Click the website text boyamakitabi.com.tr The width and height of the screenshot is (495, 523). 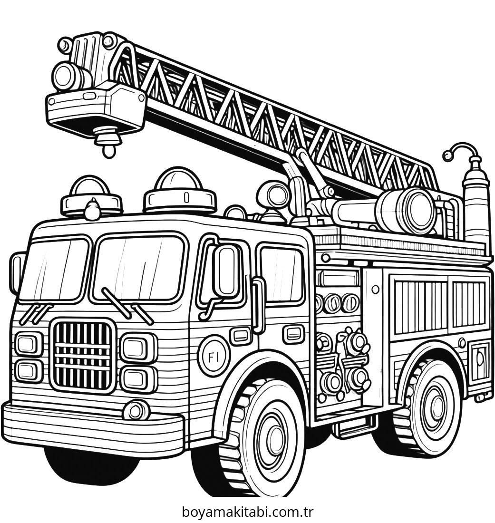(247, 512)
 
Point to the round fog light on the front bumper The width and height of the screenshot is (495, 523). (136, 410)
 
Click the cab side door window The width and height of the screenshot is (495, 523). (282, 274)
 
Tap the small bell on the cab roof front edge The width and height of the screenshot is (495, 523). (92, 210)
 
